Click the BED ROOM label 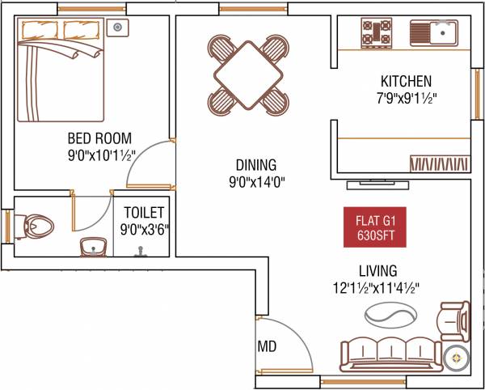[x=100, y=138]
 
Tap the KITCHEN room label [x=406, y=81]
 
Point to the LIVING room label [x=378, y=270]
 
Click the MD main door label [x=268, y=346]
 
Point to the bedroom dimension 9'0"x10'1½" [x=100, y=155]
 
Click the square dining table [x=247, y=74]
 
